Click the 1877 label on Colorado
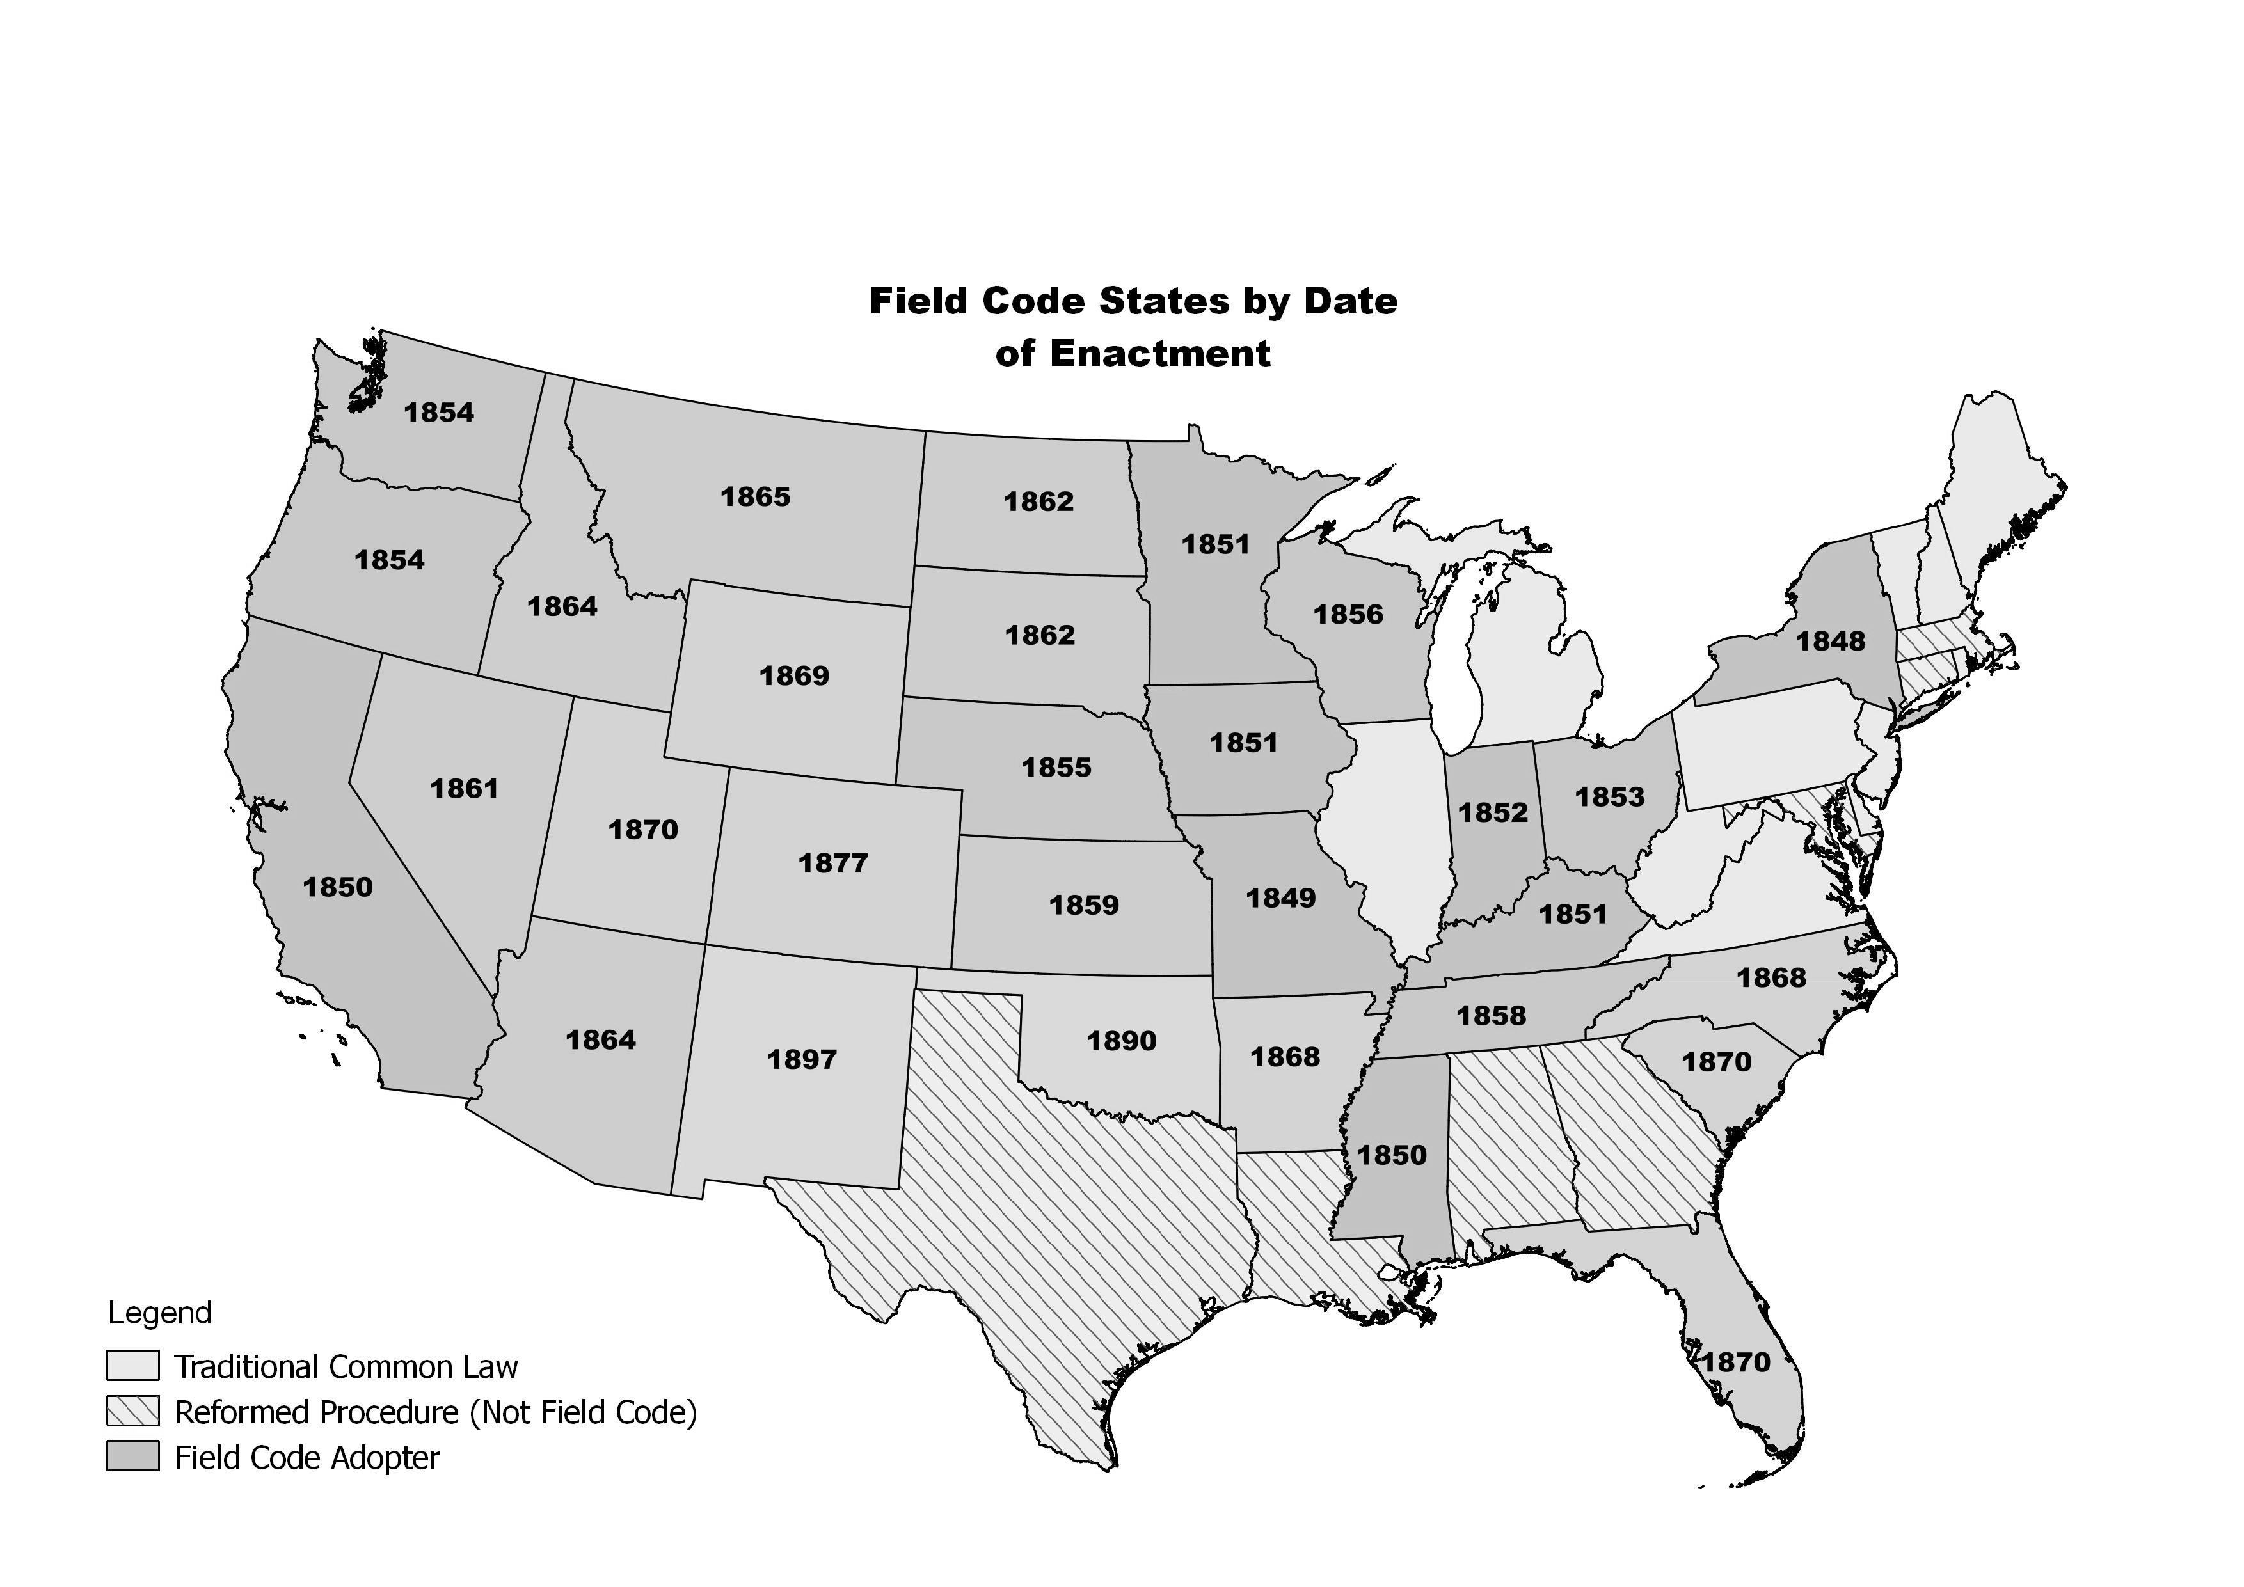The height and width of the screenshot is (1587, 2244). pyautogui.click(x=832, y=863)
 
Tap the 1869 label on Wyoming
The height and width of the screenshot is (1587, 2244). pyautogui.click(x=793, y=675)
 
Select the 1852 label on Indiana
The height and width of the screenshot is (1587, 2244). pyautogui.click(x=1492, y=812)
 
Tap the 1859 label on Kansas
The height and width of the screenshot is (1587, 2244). pyautogui.click(x=1083, y=905)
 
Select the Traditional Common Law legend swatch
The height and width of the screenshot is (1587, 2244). pyautogui.click(x=132, y=1365)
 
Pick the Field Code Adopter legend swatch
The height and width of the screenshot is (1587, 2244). pyautogui.click(x=132, y=1457)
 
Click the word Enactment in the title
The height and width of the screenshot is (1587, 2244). pyautogui.click(x=1160, y=353)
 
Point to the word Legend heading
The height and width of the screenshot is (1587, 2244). pyautogui.click(x=159, y=1313)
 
